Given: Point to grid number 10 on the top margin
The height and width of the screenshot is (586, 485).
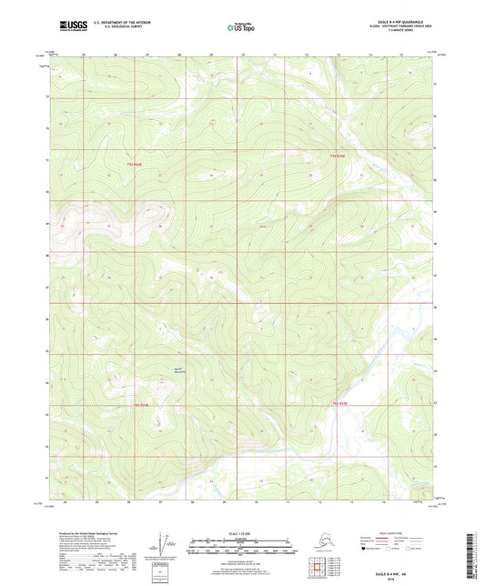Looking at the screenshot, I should click(243, 55).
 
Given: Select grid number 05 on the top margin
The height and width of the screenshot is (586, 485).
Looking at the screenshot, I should click(82, 55).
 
